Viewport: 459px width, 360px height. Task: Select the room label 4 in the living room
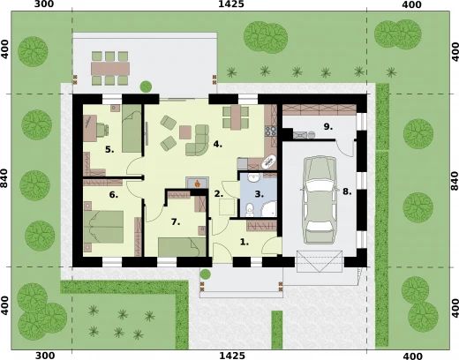coord(216,142)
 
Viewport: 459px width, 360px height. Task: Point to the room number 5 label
coord(109,150)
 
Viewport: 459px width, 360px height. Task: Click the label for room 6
coord(113,194)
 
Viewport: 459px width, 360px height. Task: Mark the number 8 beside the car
coord(347,191)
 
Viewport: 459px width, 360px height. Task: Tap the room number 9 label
coord(327,127)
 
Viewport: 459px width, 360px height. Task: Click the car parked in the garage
coord(319,199)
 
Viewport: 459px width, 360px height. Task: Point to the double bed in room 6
coord(104,224)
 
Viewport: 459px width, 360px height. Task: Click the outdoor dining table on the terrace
coord(110,64)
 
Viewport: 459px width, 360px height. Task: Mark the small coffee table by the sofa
coord(185,131)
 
